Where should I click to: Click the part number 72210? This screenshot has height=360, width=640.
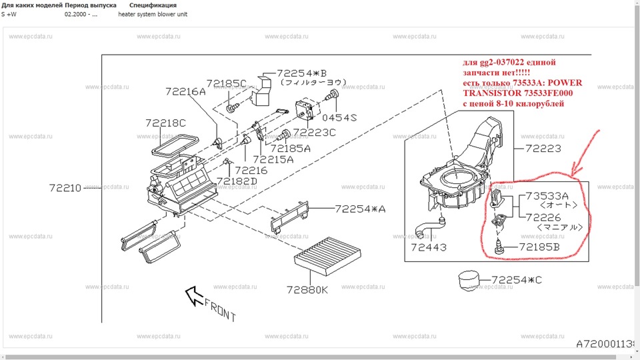pyautogui.click(x=65, y=188)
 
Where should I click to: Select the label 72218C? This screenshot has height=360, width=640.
pyautogui.click(x=165, y=123)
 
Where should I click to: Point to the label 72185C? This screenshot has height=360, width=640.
pyautogui.click(x=227, y=84)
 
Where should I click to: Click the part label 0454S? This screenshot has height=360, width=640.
pyautogui.click(x=339, y=117)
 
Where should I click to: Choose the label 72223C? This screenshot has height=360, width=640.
pyautogui.click(x=313, y=132)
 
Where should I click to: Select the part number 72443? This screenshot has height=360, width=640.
pyautogui.click(x=428, y=247)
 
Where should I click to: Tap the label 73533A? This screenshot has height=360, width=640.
pyautogui.click(x=547, y=196)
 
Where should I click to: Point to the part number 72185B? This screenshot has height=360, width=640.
pyautogui.click(x=539, y=248)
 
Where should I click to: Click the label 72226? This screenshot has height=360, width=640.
pyautogui.click(x=543, y=217)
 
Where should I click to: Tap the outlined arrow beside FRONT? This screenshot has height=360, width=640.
pyautogui.click(x=194, y=295)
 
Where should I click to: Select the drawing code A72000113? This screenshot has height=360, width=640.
pyautogui.click(x=607, y=343)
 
